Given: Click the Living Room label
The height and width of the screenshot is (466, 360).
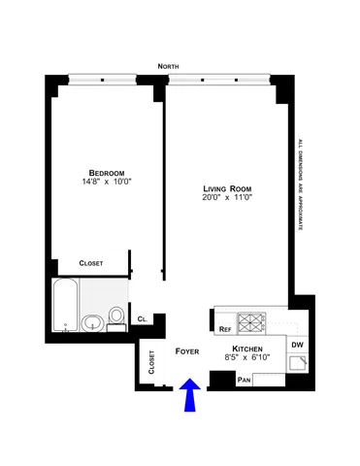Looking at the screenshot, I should tap(225, 188).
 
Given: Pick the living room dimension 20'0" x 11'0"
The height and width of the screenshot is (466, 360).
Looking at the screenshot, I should tap(225, 200).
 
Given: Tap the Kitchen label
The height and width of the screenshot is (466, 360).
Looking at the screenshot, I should tap(248, 348).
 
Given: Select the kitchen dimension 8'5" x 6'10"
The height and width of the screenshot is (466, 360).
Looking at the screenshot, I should tap(248, 359).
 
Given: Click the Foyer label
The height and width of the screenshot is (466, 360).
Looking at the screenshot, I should tap(187, 349).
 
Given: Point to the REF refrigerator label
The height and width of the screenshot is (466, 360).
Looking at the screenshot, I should tap(224, 329).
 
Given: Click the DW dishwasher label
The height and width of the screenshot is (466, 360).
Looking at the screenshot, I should tap(297, 344).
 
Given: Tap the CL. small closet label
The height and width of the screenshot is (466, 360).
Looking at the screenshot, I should tap(142, 318).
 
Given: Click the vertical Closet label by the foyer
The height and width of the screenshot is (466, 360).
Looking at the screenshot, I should tap(151, 362).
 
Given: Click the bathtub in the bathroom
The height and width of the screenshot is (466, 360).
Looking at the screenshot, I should tap(65, 304).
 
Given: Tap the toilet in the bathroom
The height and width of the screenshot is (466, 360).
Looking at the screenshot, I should tap(116, 316).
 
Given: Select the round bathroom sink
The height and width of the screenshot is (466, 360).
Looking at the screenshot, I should tap(94, 323).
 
